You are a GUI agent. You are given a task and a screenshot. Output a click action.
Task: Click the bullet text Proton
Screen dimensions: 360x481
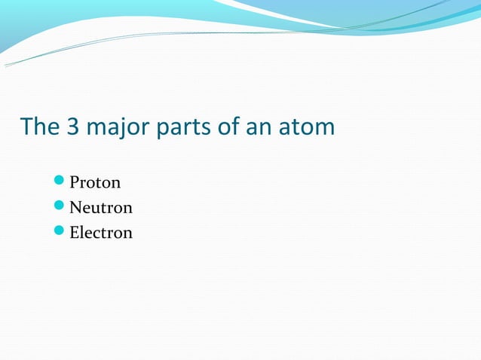point(95,182)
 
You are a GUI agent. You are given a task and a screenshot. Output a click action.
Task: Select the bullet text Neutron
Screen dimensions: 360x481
point(101,207)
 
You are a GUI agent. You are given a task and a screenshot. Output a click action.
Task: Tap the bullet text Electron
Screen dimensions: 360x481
point(101,232)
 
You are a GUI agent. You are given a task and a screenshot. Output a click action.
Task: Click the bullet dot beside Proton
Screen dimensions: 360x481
point(60,182)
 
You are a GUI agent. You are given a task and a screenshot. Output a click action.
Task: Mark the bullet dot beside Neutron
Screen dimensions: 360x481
point(60,207)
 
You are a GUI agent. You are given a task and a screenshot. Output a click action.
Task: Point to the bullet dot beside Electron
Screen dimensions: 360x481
point(60,232)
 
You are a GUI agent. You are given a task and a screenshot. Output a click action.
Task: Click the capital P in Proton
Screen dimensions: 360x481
point(74,182)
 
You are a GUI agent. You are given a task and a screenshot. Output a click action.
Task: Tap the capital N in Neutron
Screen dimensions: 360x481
point(75,207)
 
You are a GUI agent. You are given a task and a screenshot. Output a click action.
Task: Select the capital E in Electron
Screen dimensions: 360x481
point(74,232)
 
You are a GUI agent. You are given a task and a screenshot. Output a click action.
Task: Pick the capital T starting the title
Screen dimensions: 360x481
point(26,126)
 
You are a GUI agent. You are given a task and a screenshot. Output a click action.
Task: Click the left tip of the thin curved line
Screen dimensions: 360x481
point(6,66)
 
